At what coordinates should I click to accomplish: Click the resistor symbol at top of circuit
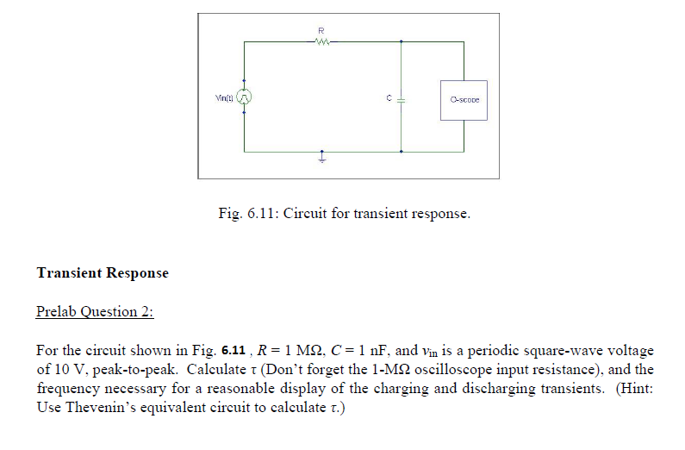(x=321, y=40)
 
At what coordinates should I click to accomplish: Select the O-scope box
(x=464, y=100)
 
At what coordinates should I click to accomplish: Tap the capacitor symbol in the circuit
(x=402, y=100)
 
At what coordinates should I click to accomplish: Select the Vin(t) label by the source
(x=225, y=100)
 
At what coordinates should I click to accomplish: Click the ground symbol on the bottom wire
(x=322, y=159)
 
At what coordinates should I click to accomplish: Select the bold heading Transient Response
(x=103, y=273)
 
